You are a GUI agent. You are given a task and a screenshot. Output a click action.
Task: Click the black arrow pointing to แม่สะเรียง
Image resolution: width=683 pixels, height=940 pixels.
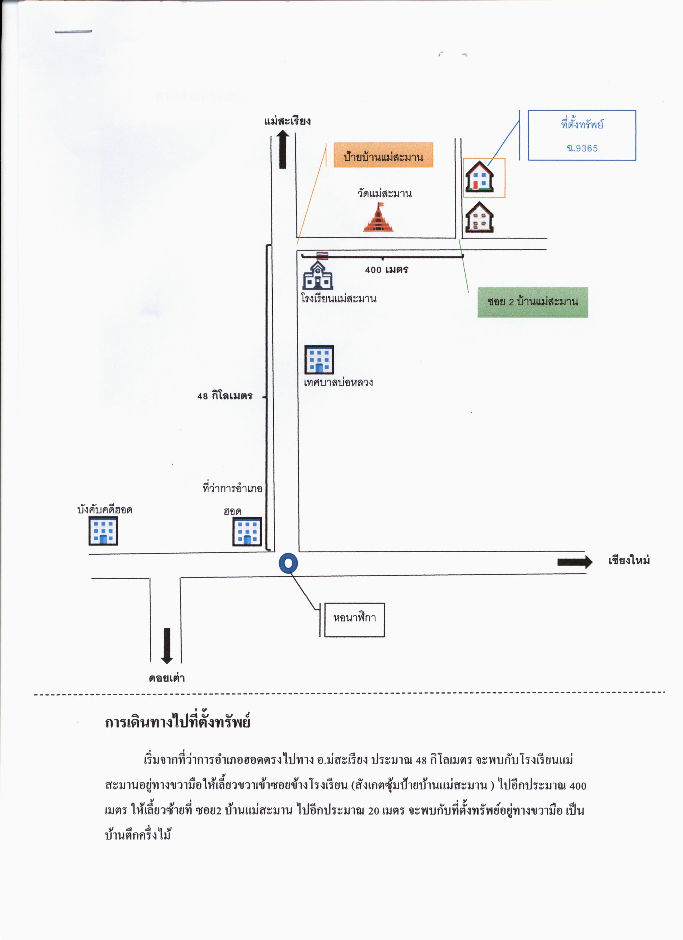[x=283, y=150]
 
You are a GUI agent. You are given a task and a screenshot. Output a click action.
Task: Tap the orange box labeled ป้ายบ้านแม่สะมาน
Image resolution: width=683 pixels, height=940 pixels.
[x=383, y=155]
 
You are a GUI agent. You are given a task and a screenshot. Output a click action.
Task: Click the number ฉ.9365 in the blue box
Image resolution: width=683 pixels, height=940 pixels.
[x=582, y=148]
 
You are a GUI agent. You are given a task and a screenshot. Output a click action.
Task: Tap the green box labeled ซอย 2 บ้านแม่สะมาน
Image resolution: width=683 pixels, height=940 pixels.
[x=533, y=302]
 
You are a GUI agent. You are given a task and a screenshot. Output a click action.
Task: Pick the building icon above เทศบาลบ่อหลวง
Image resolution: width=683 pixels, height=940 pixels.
[x=319, y=360]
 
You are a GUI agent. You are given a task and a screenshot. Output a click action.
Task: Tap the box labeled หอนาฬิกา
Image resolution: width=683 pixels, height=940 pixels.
[x=355, y=620]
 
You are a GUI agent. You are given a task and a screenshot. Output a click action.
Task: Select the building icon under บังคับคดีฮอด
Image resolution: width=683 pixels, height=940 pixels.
[x=103, y=531]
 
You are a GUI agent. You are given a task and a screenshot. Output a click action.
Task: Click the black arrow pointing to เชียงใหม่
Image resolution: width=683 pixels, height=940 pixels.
[x=575, y=562]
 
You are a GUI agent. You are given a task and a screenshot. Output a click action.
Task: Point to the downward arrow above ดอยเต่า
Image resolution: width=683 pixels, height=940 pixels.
[x=167, y=646]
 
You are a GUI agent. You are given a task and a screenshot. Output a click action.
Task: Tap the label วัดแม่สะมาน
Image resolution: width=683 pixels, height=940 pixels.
[x=384, y=194]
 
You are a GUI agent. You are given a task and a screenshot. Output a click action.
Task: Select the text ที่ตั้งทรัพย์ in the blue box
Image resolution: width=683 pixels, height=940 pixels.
[x=582, y=124]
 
